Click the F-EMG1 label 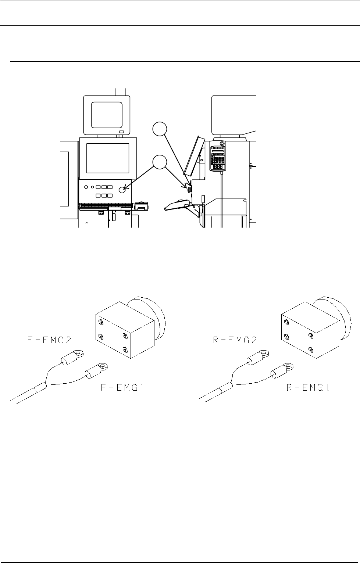point(122,388)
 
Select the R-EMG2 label point(235,340)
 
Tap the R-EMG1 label point(308,388)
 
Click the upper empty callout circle point(160,130)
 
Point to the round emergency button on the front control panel point(123,190)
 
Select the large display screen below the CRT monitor point(107,158)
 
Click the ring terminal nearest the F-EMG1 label point(104,367)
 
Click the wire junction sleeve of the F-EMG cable point(40,388)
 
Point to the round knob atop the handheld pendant point(222,144)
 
